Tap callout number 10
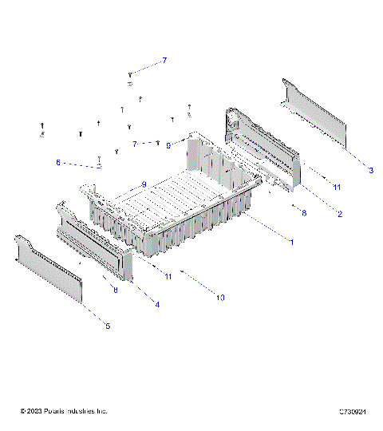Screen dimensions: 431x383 coord(221,297)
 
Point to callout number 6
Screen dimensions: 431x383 coord(57,162)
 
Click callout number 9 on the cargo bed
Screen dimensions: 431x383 coord(144,184)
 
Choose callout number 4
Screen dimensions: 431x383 coord(156,304)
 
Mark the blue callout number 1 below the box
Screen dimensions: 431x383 coord(291,242)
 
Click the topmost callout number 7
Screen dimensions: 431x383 coord(164,61)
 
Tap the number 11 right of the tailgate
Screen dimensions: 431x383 coord(337,187)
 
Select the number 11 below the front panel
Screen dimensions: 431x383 coord(168,276)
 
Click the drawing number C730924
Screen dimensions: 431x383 coord(352,411)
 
